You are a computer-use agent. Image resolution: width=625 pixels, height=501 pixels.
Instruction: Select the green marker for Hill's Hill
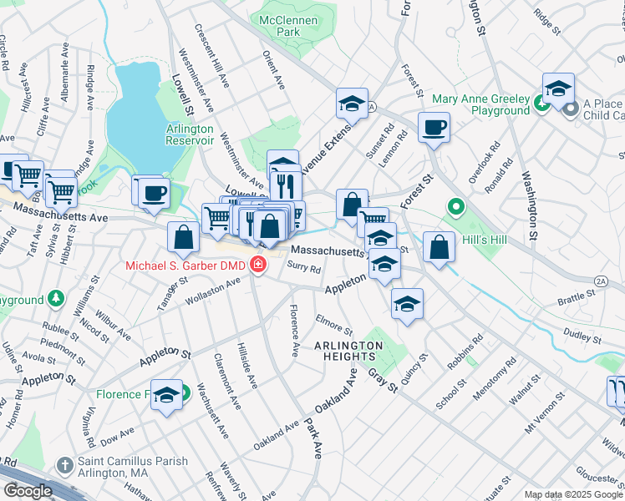[455, 205]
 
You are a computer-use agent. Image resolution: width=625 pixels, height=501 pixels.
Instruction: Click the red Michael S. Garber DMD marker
[258, 266]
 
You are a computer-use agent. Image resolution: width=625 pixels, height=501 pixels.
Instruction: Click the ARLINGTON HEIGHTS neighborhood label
[344, 351]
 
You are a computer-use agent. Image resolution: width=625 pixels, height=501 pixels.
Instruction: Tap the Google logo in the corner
[28, 491]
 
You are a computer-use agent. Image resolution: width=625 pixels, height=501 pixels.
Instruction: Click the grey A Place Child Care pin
[571, 109]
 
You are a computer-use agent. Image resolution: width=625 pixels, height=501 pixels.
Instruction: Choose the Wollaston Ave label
[214, 289]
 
